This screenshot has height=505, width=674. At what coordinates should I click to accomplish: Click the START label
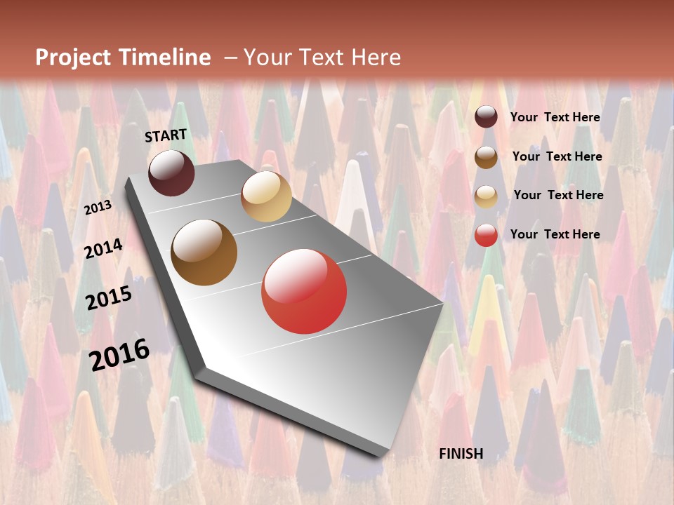(166, 135)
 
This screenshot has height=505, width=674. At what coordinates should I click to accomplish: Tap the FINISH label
(461, 454)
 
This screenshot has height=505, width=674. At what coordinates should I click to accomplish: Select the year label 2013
(98, 208)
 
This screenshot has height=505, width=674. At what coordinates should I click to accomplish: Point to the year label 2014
(103, 248)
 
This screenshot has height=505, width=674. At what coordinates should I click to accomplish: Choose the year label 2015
(109, 298)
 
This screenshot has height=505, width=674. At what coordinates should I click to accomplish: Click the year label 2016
(119, 354)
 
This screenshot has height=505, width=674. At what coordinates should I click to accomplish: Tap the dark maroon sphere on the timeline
(171, 173)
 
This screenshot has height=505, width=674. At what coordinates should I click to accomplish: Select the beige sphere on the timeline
(266, 196)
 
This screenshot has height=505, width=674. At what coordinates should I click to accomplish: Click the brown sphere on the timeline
(204, 252)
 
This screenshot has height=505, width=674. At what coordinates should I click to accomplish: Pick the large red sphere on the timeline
(304, 291)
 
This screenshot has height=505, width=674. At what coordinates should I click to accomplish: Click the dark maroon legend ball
(486, 117)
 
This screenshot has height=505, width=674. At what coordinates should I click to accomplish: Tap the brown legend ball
(486, 157)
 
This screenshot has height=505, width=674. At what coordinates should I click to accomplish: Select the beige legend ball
(486, 196)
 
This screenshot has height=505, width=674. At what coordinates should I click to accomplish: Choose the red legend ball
(486, 235)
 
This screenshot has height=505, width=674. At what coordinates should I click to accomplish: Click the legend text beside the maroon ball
(555, 117)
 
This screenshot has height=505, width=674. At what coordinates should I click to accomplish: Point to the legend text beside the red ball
(555, 234)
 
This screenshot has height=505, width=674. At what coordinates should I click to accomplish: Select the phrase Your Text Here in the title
(322, 58)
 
